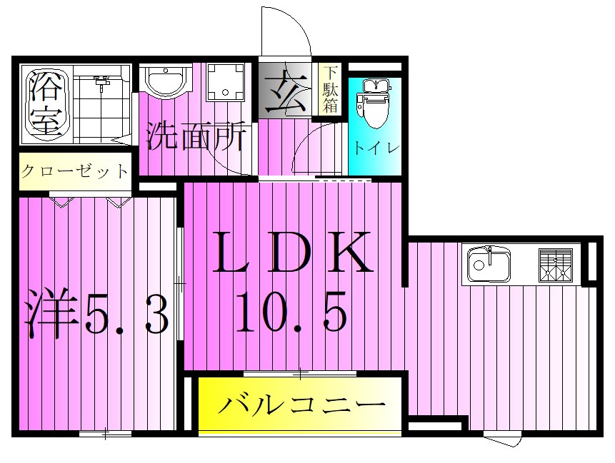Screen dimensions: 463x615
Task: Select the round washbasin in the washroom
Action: point(166,79)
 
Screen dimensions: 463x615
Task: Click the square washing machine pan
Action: point(226,83)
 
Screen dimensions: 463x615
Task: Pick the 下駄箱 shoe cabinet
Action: point(329,89)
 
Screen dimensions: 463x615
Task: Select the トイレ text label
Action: point(375,148)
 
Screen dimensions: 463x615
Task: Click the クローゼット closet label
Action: point(75,171)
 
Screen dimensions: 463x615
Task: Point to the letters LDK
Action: point(295,253)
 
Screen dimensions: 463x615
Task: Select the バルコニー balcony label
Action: point(301,406)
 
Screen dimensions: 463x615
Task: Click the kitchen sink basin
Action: point(489,265)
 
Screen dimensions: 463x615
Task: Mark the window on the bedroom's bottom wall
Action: point(105,433)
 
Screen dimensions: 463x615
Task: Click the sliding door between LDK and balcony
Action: point(300,373)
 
